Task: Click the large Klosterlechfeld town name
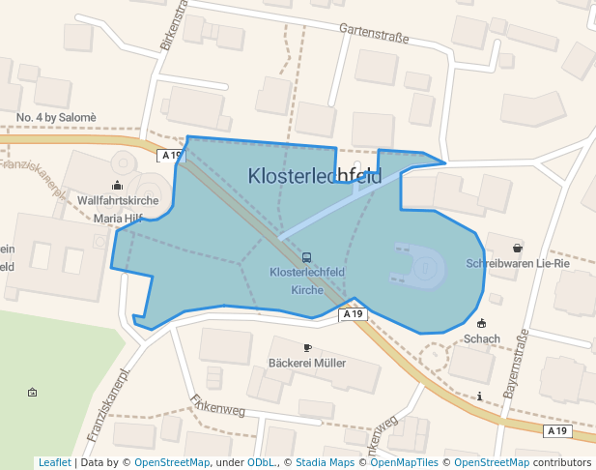pos(315,176)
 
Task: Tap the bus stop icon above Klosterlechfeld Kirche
pos(307,257)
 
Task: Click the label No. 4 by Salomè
pos(56,117)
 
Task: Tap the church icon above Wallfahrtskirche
pos(118,185)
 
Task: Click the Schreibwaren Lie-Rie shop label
pos(518,263)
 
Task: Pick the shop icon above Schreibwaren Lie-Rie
pos(518,248)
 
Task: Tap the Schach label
pos(482,338)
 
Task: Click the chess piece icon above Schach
pos(482,323)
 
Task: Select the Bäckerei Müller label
pos(306,363)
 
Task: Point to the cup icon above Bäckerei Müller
pos(307,347)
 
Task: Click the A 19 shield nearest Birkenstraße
pos(171,155)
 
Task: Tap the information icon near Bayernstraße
pos(480,397)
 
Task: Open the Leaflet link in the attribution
pos(54,462)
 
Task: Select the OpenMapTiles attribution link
pos(404,462)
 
